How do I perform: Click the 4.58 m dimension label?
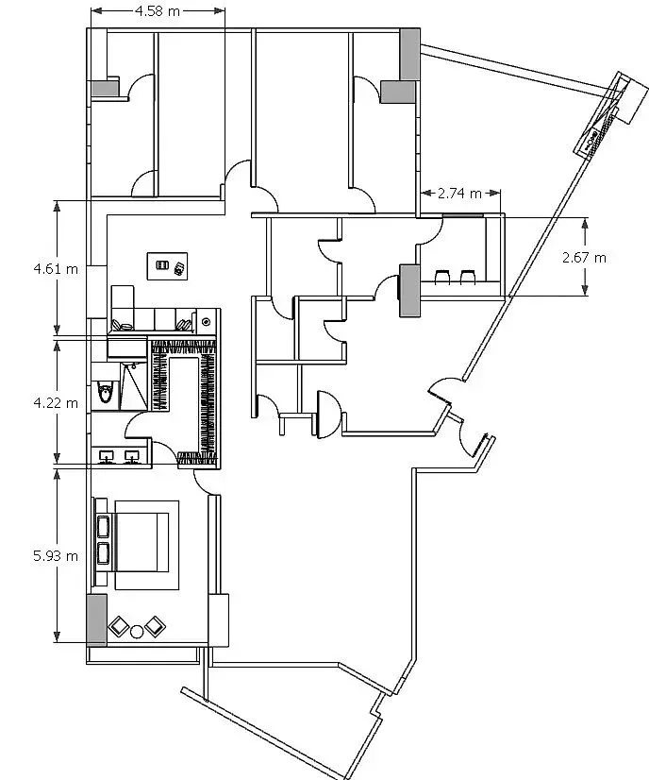click(157, 11)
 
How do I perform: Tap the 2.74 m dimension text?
click(459, 193)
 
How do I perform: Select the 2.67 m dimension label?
click(585, 258)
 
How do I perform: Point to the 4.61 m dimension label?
click(56, 269)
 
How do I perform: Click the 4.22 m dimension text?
click(56, 403)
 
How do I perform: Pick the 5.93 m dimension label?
click(56, 555)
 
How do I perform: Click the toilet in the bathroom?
click(105, 392)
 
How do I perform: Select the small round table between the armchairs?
click(137, 633)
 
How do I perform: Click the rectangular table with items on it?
click(167, 266)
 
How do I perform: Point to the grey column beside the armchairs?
click(97, 619)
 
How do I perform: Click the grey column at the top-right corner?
click(410, 54)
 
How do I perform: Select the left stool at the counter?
click(442, 277)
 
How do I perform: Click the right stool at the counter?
click(468, 277)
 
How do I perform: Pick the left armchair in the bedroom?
click(119, 627)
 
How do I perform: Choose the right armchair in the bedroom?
click(155, 627)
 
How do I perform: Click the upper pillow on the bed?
click(104, 527)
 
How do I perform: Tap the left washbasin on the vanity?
click(107, 456)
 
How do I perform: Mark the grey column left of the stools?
click(410, 291)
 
